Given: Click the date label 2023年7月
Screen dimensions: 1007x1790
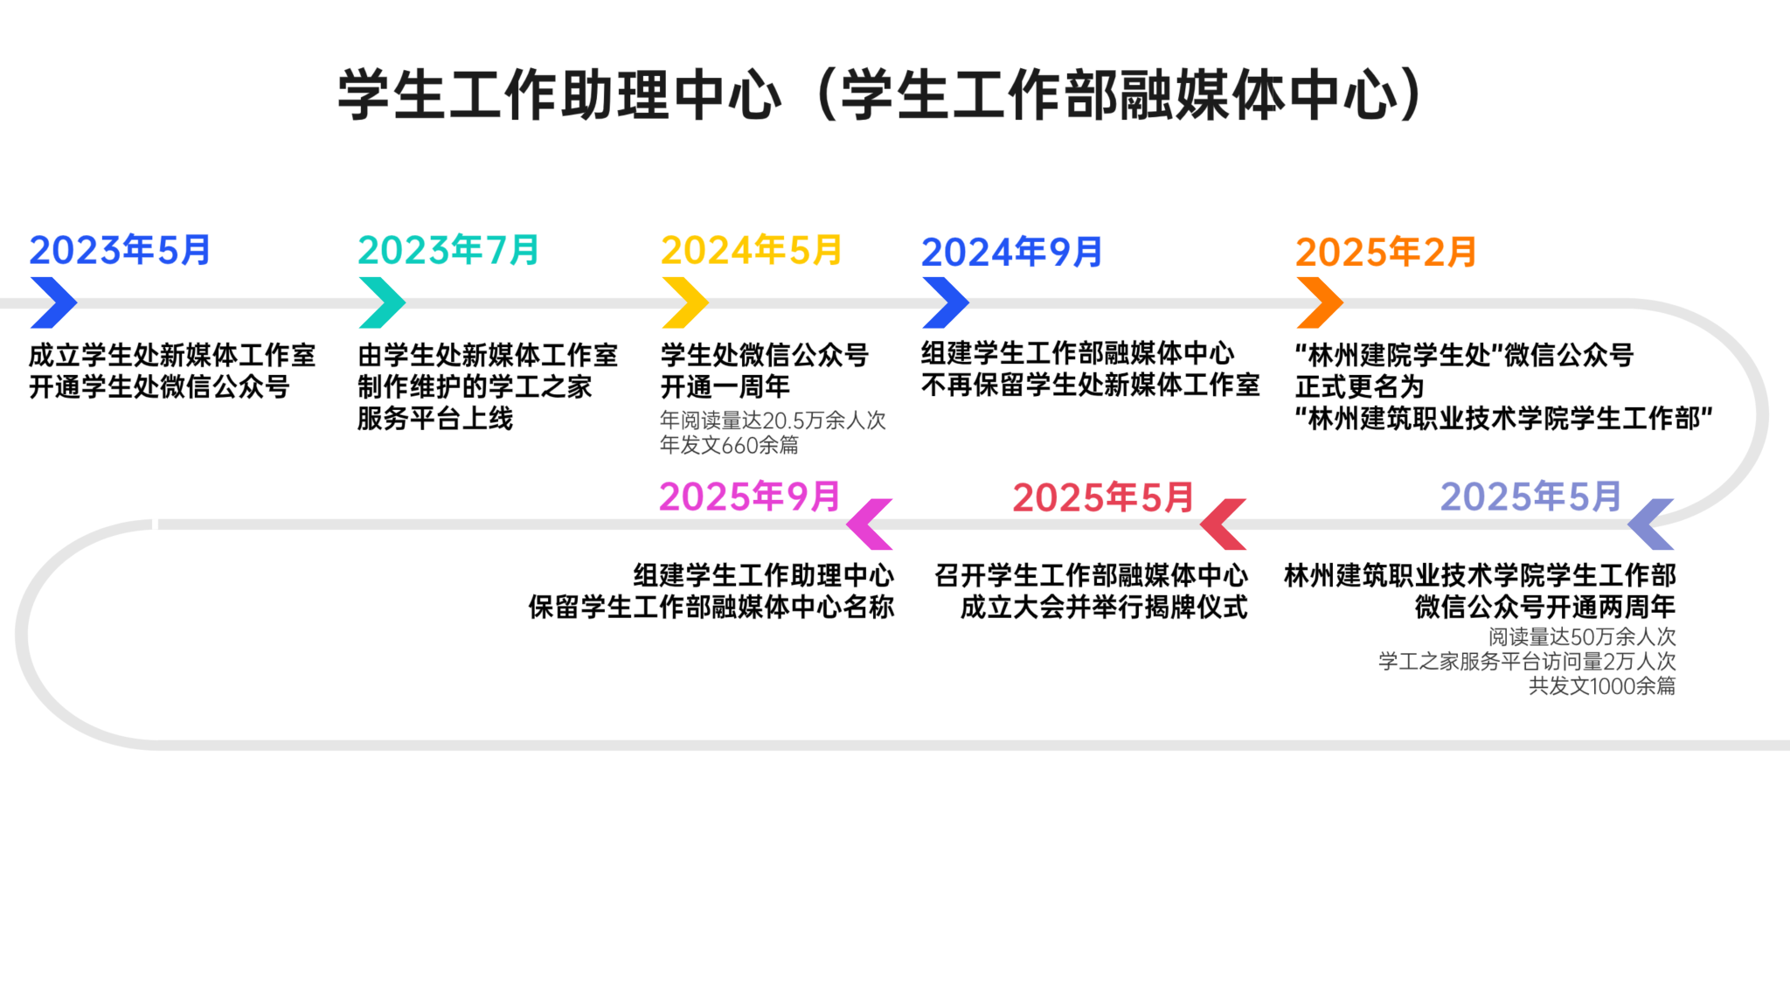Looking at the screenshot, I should pyautogui.click(x=448, y=251).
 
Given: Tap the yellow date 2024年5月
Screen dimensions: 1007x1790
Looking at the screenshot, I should pyautogui.click(x=752, y=251).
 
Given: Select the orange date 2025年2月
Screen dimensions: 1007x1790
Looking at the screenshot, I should pyautogui.click(x=1386, y=253).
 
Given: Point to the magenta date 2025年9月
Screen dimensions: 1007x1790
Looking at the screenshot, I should pyautogui.click(x=750, y=497).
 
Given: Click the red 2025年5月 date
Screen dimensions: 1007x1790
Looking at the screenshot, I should pyautogui.click(x=1103, y=498).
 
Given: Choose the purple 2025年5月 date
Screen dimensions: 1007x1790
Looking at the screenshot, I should pyautogui.click(x=1531, y=497).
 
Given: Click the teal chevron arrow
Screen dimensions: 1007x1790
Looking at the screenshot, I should pyautogui.click(x=382, y=302).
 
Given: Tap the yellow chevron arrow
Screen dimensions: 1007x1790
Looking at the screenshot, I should pyautogui.click(x=685, y=302).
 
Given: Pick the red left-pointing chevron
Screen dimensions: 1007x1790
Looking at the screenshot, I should pyautogui.click(x=1223, y=524).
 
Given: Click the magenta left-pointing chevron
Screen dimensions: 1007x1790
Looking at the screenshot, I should pyautogui.click(x=870, y=524).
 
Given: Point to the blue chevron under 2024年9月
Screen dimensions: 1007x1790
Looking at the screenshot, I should pyautogui.click(x=946, y=302).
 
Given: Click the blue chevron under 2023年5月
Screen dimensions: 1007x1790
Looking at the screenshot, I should pyautogui.click(x=53, y=302).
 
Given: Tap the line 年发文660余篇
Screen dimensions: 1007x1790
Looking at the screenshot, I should pyautogui.click(x=729, y=445).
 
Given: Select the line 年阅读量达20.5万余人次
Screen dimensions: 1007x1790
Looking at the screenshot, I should pyautogui.click(x=773, y=420).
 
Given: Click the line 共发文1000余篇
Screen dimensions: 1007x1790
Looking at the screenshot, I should pyautogui.click(x=1602, y=686).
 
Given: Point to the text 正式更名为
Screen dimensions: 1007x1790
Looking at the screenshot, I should pyautogui.click(x=1360, y=386).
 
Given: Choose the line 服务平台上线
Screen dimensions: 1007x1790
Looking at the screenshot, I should pyautogui.click(x=435, y=419).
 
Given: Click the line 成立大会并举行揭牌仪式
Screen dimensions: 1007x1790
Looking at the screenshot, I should pyautogui.click(x=1104, y=607).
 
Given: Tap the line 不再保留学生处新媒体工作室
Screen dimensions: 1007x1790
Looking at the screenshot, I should pyautogui.click(x=1091, y=385).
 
